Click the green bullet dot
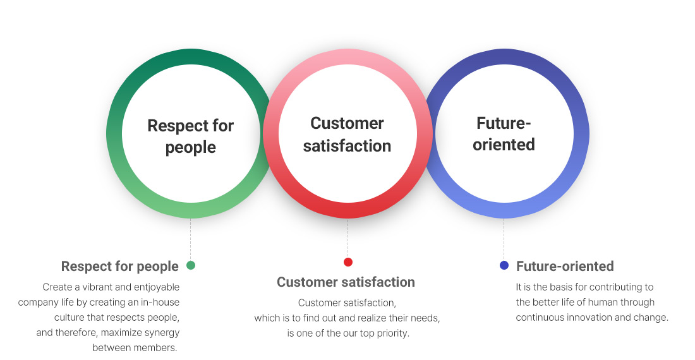coord(191,265)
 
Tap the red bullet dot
coord(348,262)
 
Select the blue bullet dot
coord(504,265)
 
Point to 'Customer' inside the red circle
coord(347,123)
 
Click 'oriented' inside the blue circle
coord(504,145)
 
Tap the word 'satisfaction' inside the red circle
coord(347,146)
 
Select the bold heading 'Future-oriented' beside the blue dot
coord(565,266)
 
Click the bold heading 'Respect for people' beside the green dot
coord(119,266)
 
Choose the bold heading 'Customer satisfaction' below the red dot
coord(346,282)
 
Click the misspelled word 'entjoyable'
coord(157,287)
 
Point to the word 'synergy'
coord(162,333)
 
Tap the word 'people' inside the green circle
coord(191,147)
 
